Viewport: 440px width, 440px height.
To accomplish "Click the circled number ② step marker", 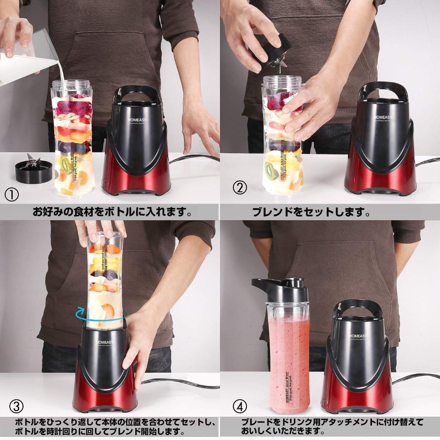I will tap(240, 187).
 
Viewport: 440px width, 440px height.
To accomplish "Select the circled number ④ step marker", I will tap(240, 406).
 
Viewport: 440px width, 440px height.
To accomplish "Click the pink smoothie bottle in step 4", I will tap(288, 359).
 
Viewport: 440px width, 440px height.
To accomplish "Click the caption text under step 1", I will tap(112, 212).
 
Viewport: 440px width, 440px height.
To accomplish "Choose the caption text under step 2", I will tap(311, 212).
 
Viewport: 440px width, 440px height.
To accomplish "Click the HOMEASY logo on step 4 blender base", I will tap(358, 336).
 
